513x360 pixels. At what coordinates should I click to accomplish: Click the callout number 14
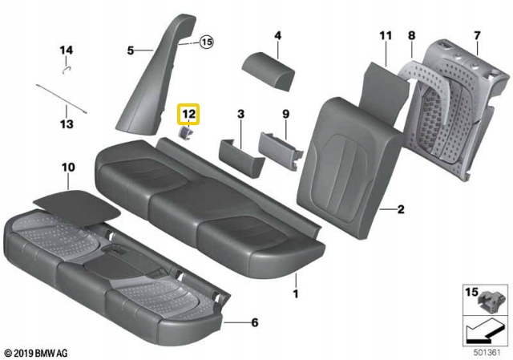coord(67,51)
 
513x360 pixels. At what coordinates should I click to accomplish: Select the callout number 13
coord(67,124)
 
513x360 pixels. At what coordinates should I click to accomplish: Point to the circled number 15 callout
coord(208,42)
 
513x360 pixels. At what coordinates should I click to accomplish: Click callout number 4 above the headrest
coord(277,35)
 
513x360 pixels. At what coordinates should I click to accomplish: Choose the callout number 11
coord(386,35)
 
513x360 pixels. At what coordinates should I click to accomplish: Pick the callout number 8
coord(411,35)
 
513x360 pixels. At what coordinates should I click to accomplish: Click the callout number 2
coord(400,210)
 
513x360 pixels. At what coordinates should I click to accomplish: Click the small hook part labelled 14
coord(67,68)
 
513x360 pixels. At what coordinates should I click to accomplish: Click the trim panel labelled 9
coord(278,147)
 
